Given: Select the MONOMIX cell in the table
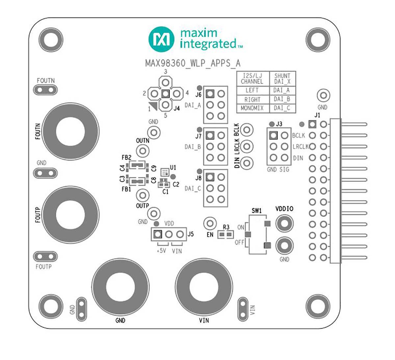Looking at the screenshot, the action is tap(252, 108).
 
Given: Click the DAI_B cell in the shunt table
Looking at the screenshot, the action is tap(282, 99).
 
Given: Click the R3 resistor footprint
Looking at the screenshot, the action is tap(226, 235).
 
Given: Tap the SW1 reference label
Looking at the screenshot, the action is tap(256, 211).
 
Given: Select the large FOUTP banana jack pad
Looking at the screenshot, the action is tap(70, 215).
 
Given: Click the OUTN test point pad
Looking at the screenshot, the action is tap(143, 151).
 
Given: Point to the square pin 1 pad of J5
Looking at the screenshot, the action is tap(158, 234).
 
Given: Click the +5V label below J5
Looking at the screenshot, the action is tap(161, 251).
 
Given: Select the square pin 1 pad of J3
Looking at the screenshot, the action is tap(273, 135).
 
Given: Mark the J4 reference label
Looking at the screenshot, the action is tap(177, 108).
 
